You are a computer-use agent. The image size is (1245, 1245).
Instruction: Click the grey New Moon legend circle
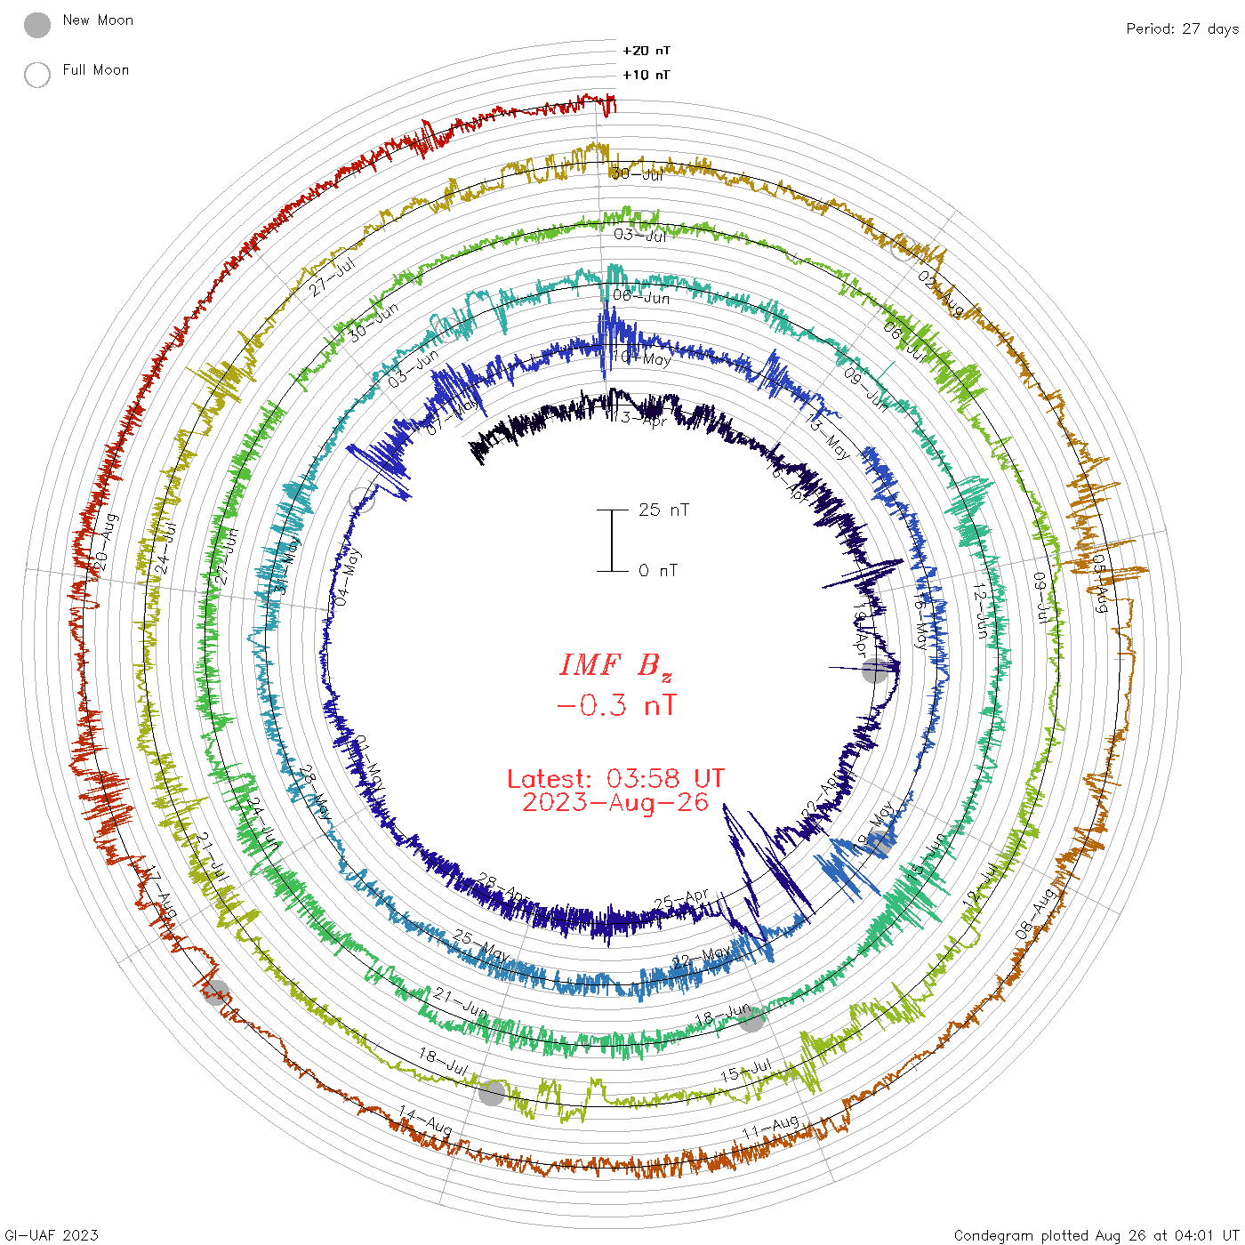click(37, 26)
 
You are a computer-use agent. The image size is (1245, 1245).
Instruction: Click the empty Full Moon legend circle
click(37, 75)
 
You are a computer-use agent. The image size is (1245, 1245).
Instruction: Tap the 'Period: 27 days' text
click(1182, 29)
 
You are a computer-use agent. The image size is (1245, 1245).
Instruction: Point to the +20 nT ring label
click(647, 51)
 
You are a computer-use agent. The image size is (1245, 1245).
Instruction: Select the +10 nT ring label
click(647, 75)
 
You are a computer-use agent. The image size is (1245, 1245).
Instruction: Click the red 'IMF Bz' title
click(615, 665)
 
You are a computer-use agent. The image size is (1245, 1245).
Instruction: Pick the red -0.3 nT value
click(615, 706)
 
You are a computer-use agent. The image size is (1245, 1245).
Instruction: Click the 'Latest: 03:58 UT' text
click(615, 779)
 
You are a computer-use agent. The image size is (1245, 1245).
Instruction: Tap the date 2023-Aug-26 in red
click(615, 803)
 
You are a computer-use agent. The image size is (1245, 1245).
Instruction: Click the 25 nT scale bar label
click(663, 510)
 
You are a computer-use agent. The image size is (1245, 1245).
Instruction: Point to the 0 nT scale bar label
click(657, 571)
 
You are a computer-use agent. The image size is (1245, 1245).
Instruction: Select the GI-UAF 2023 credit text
click(52, 1235)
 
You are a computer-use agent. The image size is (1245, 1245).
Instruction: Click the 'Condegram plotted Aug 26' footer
click(1096, 1235)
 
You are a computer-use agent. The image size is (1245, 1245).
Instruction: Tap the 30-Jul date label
click(638, 174)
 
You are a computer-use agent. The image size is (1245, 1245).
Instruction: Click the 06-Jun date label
click(641, 297)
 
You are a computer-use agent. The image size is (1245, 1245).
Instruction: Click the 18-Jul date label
click(443, 1061)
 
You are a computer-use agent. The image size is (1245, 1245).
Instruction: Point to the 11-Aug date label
click(771, 1128)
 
